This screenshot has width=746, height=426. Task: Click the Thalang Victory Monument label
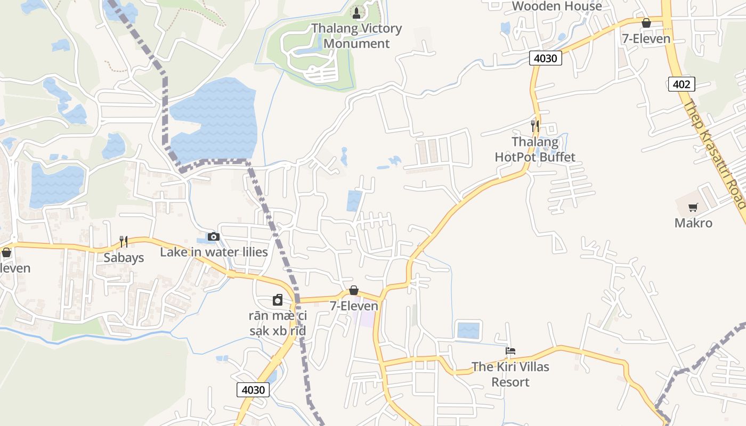[356, 36]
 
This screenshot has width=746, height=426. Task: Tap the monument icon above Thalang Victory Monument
[356, 12]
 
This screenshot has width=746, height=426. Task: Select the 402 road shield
[681, 84]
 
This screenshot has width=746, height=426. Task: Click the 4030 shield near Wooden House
[546, 58]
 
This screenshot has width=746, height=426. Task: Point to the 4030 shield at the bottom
[253, 389]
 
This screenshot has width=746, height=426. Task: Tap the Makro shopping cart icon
[693, 208]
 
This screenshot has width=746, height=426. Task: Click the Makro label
[693, 223]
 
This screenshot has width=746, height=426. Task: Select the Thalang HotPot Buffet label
[535, 149]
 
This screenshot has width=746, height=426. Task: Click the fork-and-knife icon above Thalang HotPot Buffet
[535, 126]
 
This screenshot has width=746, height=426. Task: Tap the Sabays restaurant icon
[124, 242]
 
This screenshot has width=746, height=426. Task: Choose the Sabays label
[124, 258]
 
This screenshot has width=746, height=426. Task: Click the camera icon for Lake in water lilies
[214, 236]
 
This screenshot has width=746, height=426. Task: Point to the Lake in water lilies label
[214, 252]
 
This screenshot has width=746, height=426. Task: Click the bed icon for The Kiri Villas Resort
[510, 351]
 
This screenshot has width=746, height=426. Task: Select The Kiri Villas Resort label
[510, 374]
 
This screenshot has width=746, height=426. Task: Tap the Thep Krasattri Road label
[714, 154]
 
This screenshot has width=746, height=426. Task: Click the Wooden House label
[556, 6]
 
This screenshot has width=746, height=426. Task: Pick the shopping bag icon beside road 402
[646, 23]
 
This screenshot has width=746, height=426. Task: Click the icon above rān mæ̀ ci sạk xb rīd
[278, 300]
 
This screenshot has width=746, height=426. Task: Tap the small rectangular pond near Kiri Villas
[469, 330]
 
